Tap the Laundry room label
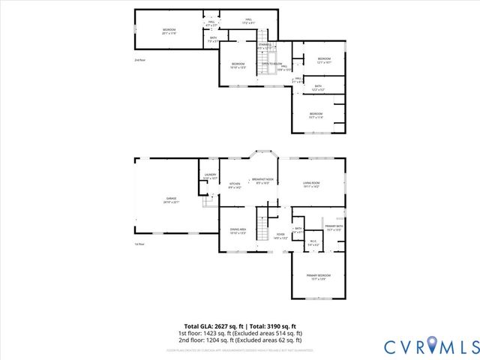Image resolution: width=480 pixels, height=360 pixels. tap(210, 176)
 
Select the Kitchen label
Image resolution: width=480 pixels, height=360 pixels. tap(235, 185)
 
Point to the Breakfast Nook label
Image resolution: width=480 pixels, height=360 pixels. tap(262, 181)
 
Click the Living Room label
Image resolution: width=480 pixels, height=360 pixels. tap(311, 184)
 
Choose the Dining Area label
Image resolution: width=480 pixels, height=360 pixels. tap(237, 231)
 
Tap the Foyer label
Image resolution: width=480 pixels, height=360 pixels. tap(280, 235)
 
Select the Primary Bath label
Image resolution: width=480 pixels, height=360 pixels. tap(334, 228)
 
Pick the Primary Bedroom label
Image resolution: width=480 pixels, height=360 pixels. tap(318, 277)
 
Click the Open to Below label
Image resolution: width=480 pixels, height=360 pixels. tap(271, 64)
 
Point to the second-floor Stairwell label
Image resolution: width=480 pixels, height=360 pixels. tap(265, 46)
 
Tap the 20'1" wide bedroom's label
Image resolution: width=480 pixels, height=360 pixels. tap(169, 31)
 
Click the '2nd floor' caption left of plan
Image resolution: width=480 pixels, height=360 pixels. tap(139, 59)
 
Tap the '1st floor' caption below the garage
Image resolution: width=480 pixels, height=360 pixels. tap(139, 244)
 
